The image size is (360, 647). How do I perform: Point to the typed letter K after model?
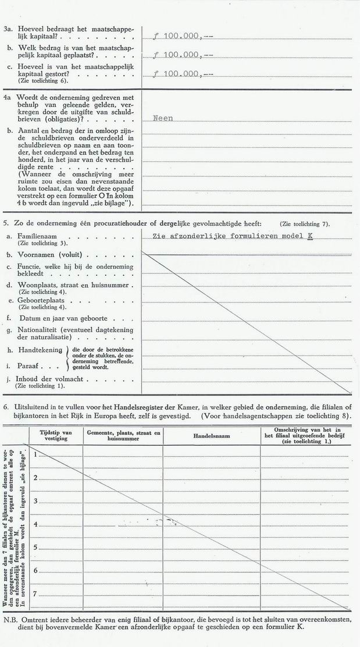click(310, 236)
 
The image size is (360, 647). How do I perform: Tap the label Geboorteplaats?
click(41, 301)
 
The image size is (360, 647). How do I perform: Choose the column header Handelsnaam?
click(211, 436)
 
